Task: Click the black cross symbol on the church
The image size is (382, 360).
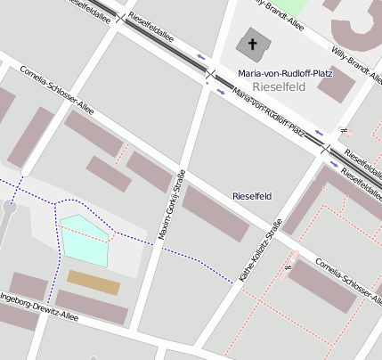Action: [252, 44]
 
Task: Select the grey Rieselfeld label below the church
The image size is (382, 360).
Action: [280, 86]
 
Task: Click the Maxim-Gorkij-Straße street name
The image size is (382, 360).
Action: [172, 204]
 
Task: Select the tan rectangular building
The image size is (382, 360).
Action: [93, 282]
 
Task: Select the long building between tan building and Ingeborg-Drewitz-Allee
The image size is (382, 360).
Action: [93, 307]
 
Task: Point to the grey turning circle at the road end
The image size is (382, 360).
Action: [9, 207]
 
